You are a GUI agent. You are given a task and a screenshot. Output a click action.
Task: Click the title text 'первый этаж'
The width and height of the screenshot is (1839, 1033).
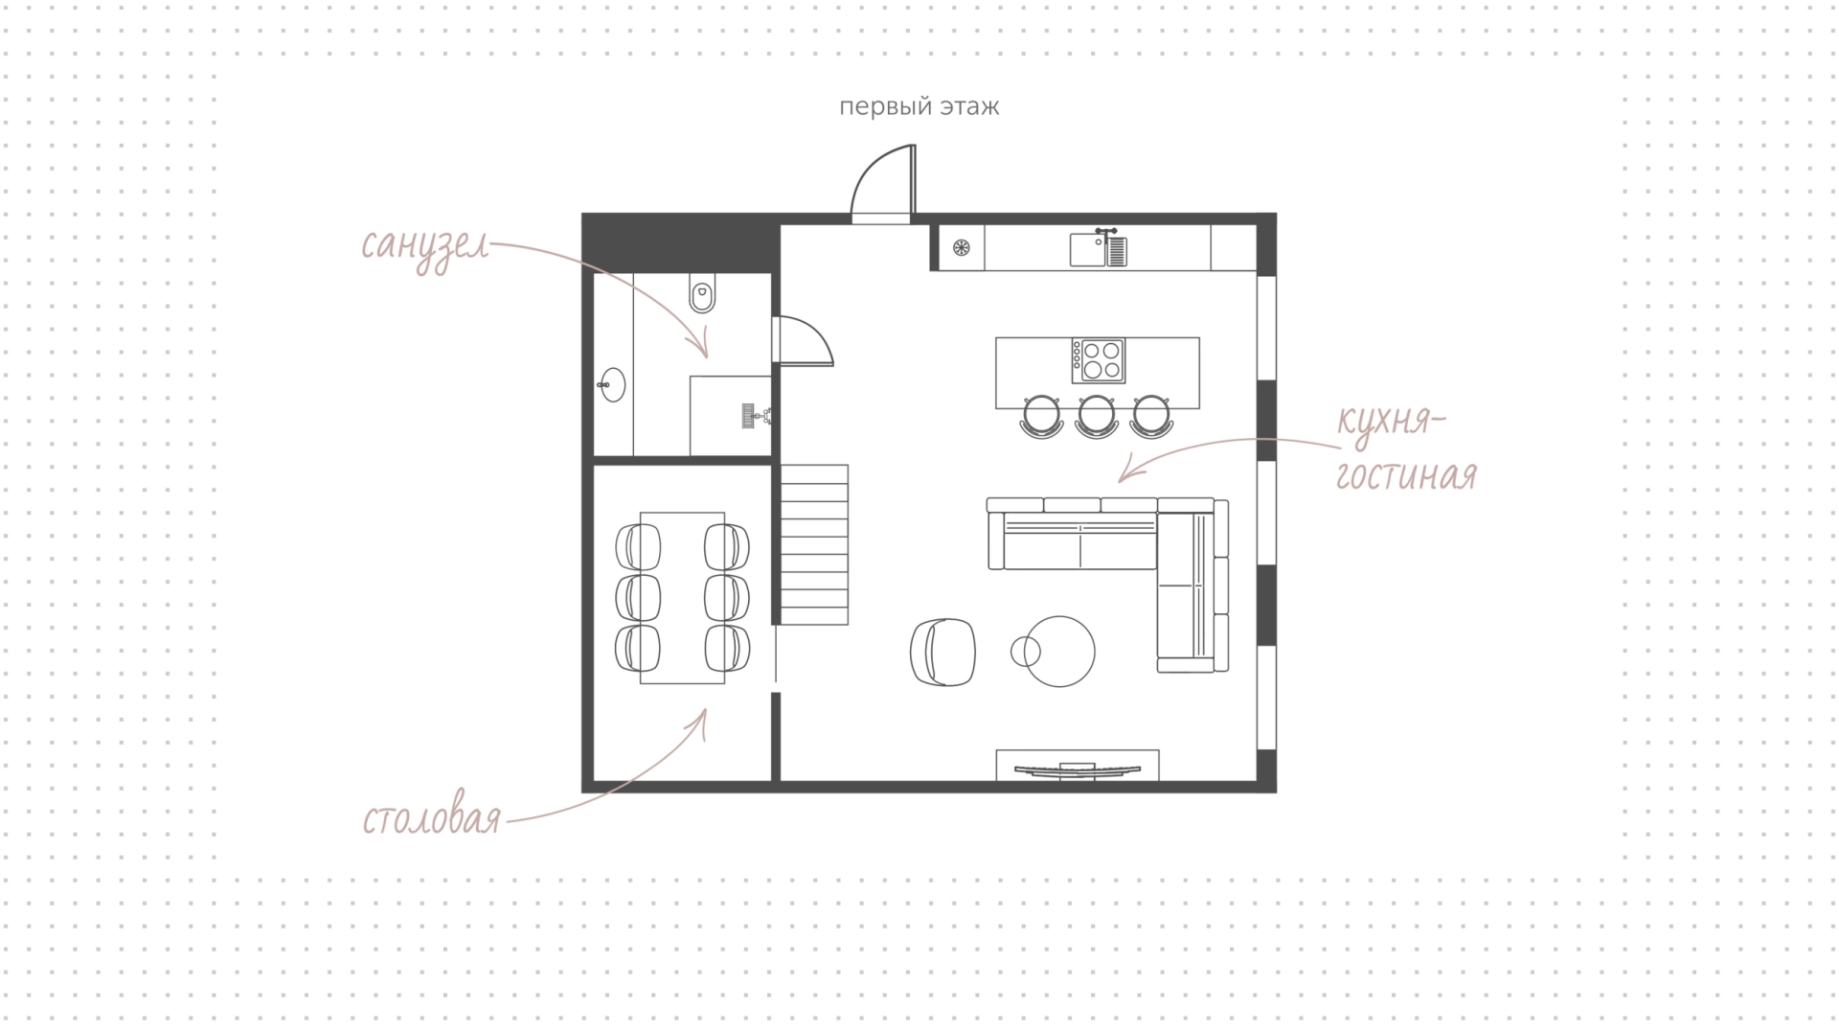[919, 106]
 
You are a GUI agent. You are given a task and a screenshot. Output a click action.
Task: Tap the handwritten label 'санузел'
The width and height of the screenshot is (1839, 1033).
[425, 247]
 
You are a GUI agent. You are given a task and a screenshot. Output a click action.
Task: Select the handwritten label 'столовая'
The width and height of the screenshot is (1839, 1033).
[432, 819]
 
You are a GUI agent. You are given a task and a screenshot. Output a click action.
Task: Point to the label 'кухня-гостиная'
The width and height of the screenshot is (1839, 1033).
[1405, 448]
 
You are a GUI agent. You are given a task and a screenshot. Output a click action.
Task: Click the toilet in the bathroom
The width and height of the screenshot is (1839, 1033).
[702, 294]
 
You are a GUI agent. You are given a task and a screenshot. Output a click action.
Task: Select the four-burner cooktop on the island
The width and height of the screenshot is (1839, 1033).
[1098, 360]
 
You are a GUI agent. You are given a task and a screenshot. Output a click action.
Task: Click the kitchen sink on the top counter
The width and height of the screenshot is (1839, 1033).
[1099, 248]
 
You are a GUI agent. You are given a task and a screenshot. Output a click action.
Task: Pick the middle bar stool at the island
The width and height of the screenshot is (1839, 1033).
[1096, 417]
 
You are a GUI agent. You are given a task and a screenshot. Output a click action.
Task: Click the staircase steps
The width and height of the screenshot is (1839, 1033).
[815, 544]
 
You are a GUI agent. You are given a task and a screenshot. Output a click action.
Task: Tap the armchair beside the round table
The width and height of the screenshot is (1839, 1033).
[942, 652]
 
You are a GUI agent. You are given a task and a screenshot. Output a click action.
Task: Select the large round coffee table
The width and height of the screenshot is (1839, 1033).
[1058, 652]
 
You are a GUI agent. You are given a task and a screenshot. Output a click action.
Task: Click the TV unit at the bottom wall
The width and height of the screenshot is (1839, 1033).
[1078, 766]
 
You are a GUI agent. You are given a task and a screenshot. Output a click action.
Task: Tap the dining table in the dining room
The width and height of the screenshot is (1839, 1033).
[682, 597]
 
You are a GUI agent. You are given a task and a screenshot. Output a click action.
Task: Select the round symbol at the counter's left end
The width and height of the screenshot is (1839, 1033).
[962, 248]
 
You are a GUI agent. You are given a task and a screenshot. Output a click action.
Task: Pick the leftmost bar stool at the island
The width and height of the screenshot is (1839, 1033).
[1042, 417]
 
